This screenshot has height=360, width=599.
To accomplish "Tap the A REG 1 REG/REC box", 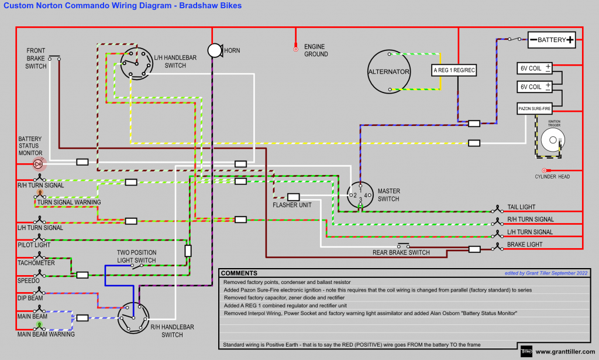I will click(x=454, y=70).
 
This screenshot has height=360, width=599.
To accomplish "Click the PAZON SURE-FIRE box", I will click(x=533, y=108).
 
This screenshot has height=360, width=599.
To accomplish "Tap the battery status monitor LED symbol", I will click(x=39, y=164).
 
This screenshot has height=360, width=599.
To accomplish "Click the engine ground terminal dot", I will click(x=296, y=49).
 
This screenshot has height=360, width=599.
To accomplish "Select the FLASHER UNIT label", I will click(x=292, y=205).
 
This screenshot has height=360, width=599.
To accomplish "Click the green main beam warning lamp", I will click(x=39, y=325).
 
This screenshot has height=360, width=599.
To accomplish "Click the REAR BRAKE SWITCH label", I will click(x=401, y=253).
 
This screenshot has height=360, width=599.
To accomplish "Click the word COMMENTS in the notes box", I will click(x=239, y=273).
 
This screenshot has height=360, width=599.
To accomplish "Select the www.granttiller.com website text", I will click(x=564, y=352).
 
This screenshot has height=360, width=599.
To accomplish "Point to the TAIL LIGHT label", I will click(x=521, y=207).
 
